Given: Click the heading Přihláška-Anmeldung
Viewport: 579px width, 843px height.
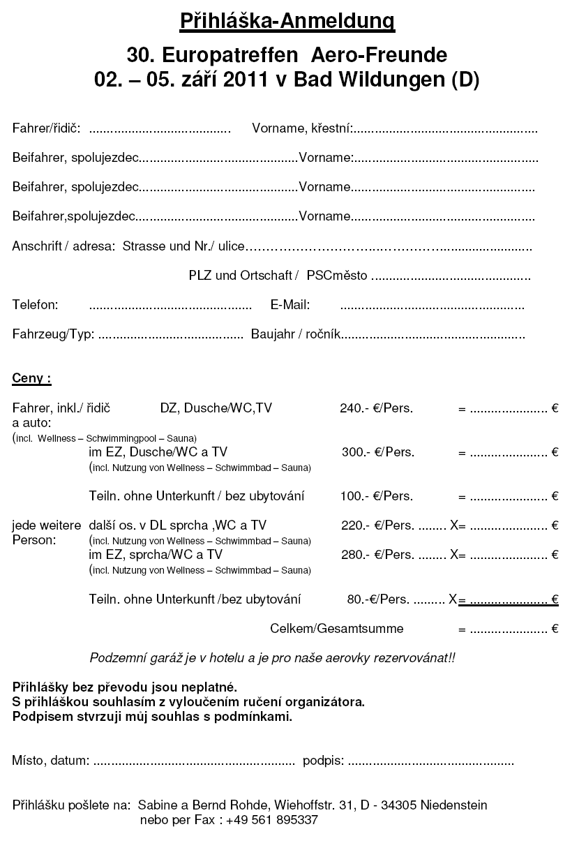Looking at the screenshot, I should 287,22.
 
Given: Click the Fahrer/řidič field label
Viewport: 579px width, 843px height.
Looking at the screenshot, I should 46,128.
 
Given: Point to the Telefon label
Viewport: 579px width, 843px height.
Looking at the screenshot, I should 35,305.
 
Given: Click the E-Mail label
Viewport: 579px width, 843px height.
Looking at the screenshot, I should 289,305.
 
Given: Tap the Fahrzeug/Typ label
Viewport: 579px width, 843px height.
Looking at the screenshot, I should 53,334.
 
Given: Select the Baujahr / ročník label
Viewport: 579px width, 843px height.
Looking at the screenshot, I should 296,334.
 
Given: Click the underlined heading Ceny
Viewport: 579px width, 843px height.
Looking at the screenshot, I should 31,379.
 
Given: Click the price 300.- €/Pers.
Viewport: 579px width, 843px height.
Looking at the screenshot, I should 378,452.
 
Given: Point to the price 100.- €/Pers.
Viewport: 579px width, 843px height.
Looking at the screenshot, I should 376,496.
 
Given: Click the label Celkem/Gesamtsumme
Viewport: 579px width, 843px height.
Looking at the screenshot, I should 336,629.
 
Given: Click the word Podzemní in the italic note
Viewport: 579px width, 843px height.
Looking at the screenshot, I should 116,658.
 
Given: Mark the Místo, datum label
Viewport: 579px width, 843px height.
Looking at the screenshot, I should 51,760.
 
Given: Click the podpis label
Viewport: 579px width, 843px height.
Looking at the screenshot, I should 323,760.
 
